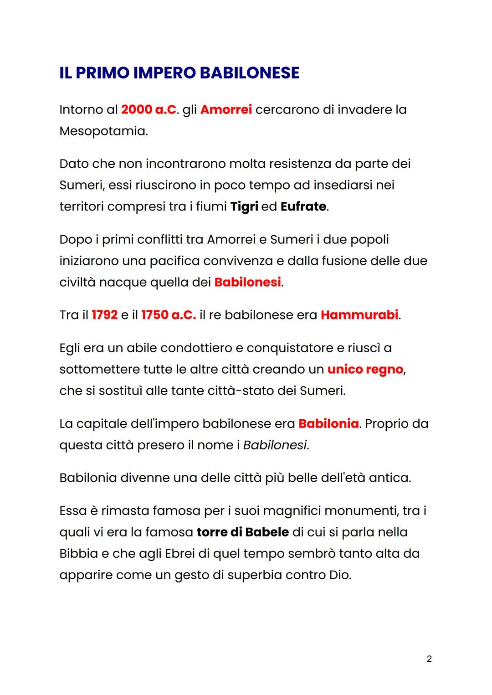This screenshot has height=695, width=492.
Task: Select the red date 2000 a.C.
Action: coord(149,110)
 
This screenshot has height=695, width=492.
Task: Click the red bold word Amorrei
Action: coord(226,110)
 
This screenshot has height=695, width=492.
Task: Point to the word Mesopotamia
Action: coord(103,131)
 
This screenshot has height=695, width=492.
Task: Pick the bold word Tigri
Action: coord(244,207)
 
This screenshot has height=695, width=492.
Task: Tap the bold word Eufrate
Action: coord(303,207)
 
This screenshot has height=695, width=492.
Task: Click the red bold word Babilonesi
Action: coord(247,283)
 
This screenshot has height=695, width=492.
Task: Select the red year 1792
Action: coord(105,315)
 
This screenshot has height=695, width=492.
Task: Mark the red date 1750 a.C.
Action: coord(169,315)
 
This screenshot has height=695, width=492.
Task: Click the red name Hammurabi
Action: coord(359,315)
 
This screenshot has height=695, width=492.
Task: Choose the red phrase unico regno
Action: coord(365,370)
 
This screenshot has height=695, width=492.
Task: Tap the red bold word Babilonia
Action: coord(328,424)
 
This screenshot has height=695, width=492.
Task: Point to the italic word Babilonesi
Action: coord(275,445)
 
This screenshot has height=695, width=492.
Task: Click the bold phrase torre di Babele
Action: coord(243,532)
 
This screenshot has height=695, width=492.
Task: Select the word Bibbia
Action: coord(78,554)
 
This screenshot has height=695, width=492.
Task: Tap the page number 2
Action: coord(429,659)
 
